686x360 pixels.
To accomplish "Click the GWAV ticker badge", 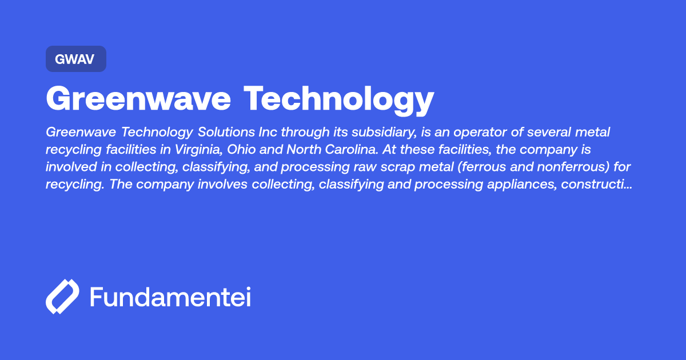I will (76, 59).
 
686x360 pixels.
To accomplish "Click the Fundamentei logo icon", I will (62, 297).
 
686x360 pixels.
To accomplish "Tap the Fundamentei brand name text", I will (170, 297).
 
